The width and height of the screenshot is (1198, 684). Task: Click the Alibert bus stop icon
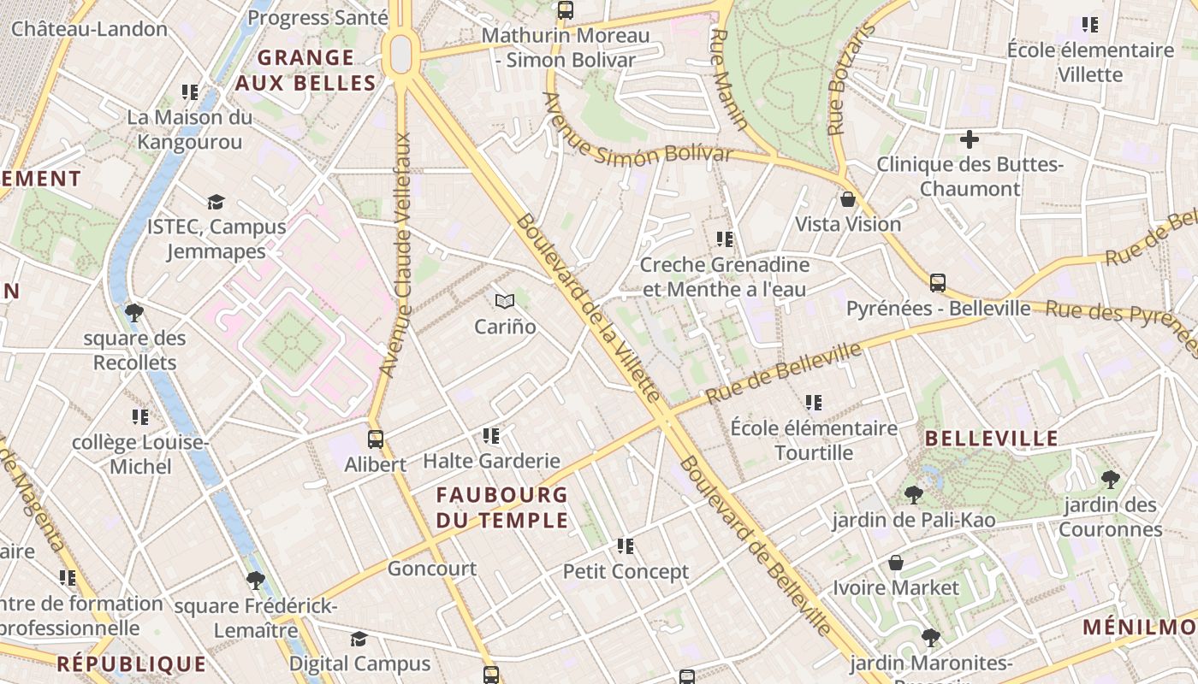(375, 439)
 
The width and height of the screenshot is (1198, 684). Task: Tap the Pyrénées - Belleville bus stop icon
(938, 283)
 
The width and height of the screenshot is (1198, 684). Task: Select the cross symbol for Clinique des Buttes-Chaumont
(970, 139)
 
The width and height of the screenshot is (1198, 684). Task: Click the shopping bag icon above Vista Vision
(848, 199)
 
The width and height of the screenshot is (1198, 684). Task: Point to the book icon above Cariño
(505, 301)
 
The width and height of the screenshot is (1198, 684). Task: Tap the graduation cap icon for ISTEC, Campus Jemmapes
(216, 203)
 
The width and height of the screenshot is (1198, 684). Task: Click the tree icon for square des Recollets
(134, 313)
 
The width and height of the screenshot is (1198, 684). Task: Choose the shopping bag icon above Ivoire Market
(896, 563)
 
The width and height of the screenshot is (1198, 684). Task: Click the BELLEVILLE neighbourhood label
(993, 439)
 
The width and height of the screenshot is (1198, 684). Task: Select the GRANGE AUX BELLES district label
(305, 70)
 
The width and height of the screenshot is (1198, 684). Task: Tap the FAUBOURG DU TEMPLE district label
(501, 507)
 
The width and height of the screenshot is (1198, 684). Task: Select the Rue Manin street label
(729, 79)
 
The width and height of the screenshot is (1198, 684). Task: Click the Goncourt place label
(432, 569)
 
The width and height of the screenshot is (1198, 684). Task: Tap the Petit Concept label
(626, 571)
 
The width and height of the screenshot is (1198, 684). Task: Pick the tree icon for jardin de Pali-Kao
(913, 494)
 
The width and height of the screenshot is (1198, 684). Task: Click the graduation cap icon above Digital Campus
(359, 639)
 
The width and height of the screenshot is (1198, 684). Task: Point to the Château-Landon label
(89, 28)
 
